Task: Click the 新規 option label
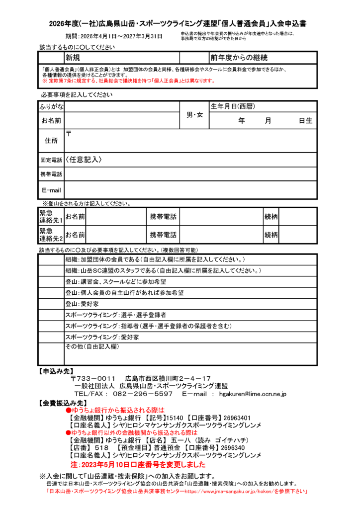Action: pos(73,58)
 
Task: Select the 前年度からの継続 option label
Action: pos(239,58)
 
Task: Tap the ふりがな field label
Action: pos(51,107)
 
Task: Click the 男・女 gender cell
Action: pos(194,115)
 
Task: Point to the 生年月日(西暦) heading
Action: pos(233,107)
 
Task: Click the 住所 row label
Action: pos(51,141)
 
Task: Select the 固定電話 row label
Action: pos(51,160)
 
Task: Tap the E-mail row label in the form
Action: pos(51,190)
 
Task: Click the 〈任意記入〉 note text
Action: pos(84,160)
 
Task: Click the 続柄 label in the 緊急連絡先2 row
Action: pos(271,235)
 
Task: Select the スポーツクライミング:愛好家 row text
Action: pos(102,337)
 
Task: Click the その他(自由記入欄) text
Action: pos(92,346)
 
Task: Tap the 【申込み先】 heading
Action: pos(56,371)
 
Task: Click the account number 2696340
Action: pos(229,447)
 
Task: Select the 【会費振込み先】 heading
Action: pos(63,403)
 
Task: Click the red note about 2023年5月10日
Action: pos(138,465)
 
